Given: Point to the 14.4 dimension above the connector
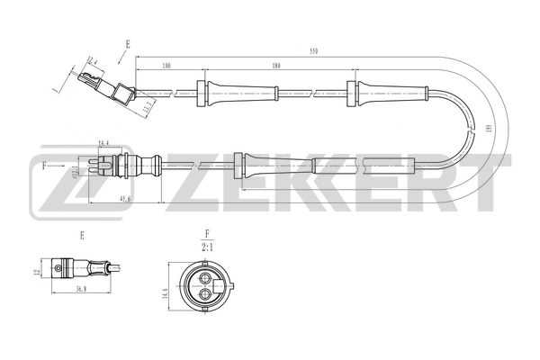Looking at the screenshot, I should point(103,142).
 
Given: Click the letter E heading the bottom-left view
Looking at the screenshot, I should point(83,235).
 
